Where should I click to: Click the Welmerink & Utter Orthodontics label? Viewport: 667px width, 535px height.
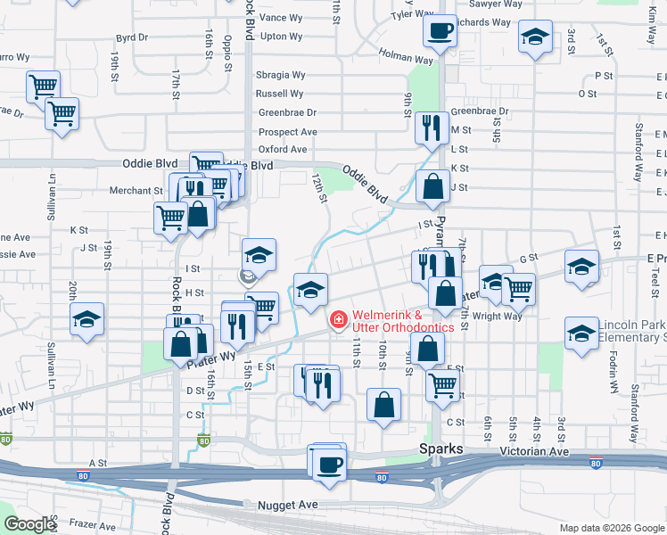pyautogui.click(x=402, y=321)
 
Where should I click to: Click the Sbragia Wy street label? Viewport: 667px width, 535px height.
pyautogui.click(x=281, y=75)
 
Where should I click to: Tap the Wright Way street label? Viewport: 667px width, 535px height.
pyautogui.click(x=498, y=316)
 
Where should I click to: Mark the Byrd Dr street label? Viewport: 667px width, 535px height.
pyautogui.click(x=132, y=38)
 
